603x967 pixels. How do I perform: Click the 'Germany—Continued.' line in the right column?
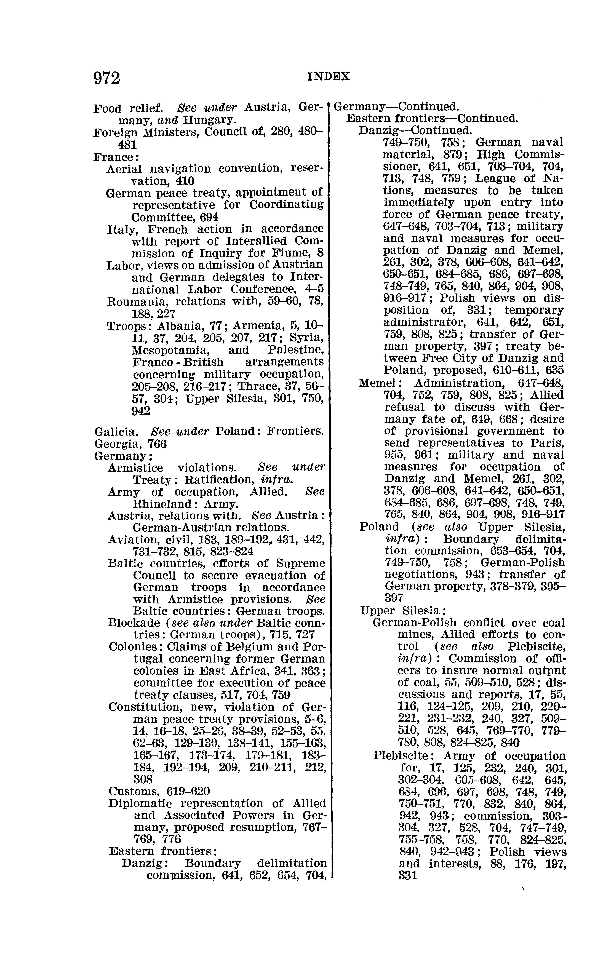point(396,107)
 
